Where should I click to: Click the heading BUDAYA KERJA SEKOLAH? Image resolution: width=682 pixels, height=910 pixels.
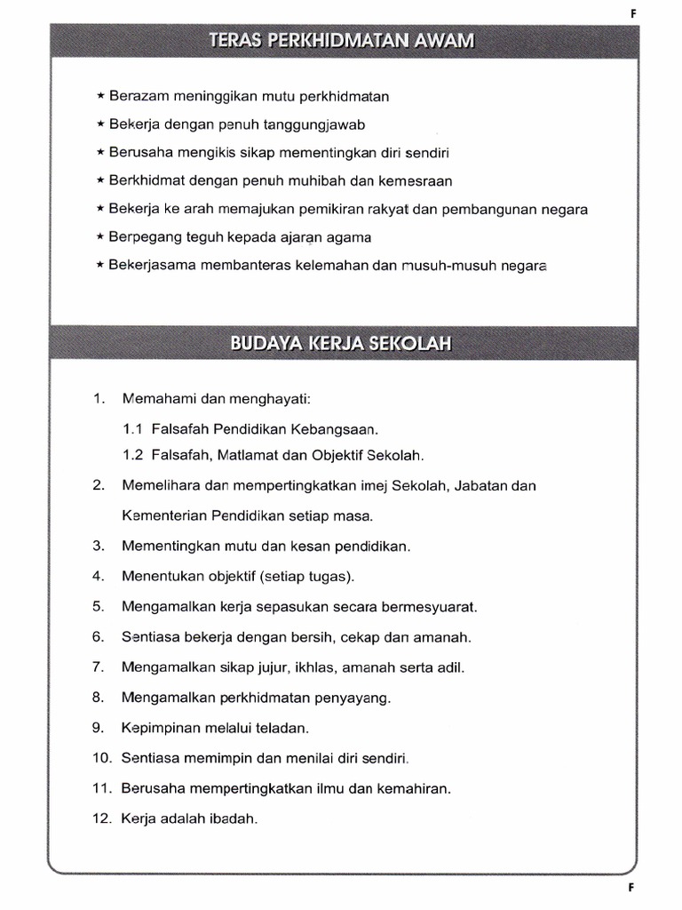[x=342, y=342]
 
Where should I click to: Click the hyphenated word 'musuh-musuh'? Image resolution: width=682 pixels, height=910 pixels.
[x=449, y=265]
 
